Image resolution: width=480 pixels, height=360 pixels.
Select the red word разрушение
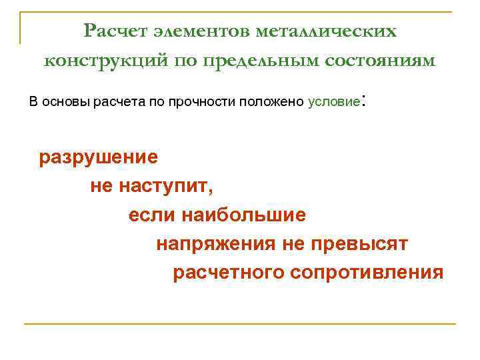point(99,157)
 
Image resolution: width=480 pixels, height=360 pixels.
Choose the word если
point(146,215)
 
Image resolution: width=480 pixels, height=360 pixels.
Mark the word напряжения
point(215,244)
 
